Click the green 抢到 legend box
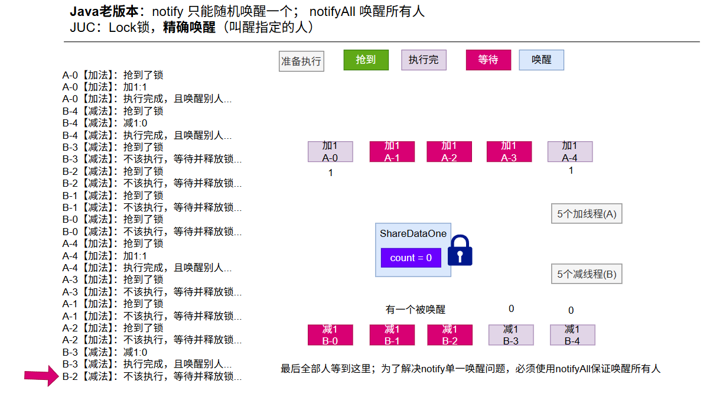pos(366,60)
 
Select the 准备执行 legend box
pos(301,61)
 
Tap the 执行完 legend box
pos(424,60)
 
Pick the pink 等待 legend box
pos(488,60)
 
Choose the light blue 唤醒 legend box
pos(541,60)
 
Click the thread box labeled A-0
pos(330,152)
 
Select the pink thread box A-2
pos(449,152)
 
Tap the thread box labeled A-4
pos(569,152)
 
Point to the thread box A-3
pos(509,152)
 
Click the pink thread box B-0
pos(330,335)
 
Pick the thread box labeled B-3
pos(511,335)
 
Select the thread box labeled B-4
pos(572,335)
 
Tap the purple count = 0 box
pos(411,258)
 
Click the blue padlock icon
pos(460,251)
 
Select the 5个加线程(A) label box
pos(587,214)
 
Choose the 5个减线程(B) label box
pos(587,274)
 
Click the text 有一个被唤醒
pos(415,310)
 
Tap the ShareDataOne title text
pos(413,233)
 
